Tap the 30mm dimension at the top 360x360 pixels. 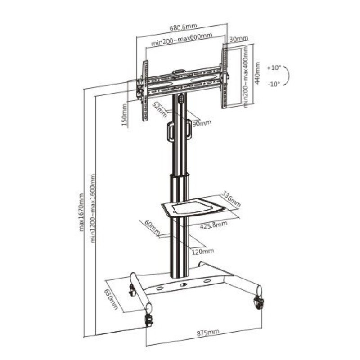[238, 39]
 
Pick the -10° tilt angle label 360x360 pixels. [273, 84]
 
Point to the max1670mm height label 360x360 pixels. [82, 211]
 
